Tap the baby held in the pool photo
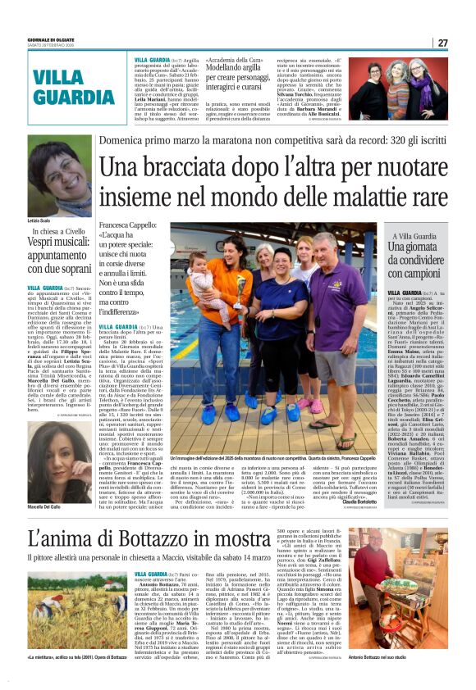tap(200, 283)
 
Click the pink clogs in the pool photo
tap(316, 405)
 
